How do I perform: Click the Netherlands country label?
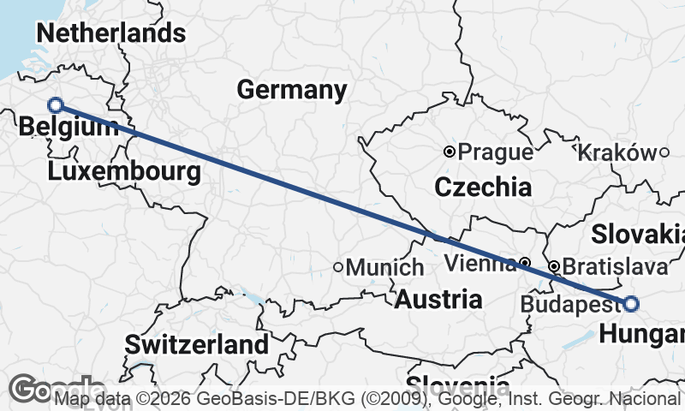(110, 33)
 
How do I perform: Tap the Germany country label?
(292, 89)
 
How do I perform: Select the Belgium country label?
(68, 128)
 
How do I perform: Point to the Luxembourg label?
(125, 171)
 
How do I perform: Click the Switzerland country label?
(197, 345)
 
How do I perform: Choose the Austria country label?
(438, 300)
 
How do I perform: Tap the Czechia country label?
(483, 186)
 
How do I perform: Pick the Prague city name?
(496, 152)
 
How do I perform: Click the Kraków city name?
(616, 152)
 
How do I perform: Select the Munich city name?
(384, 267)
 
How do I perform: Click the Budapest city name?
(568, 304)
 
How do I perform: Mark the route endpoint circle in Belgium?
(56, 105)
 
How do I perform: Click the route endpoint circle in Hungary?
(631, 303)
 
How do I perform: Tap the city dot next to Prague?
(450, 152)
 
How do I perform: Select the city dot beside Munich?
(338, 267)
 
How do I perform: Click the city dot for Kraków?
(664, 152)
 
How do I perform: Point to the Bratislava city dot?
(554, 266)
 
